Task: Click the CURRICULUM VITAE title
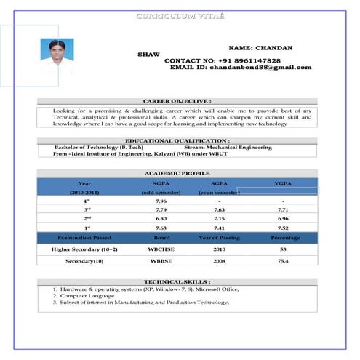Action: [180, 16]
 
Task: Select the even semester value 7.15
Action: [219, 218]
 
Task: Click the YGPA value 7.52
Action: [283, 228]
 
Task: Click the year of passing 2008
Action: [219, 260]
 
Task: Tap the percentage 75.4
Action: [283, 260]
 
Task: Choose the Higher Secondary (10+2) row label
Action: [84, 249]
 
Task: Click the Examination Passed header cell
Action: [84, 238]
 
